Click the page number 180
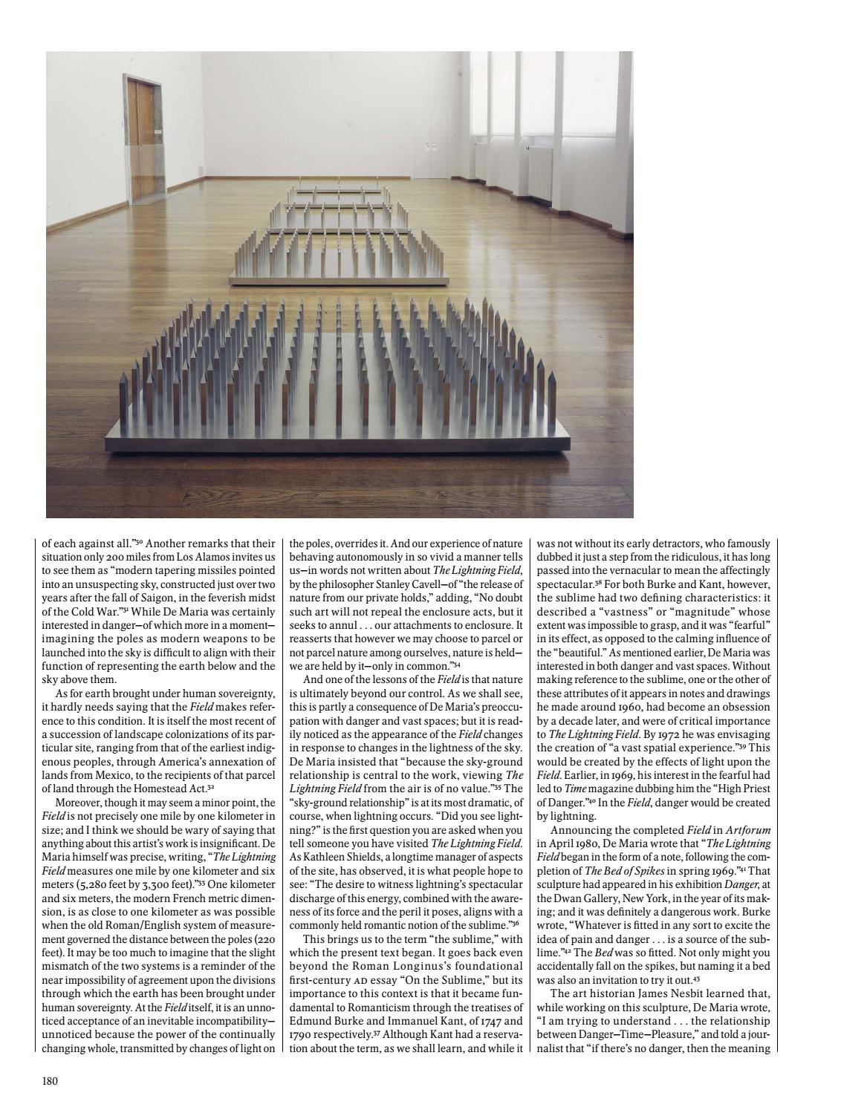[x=49, y=1080]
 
